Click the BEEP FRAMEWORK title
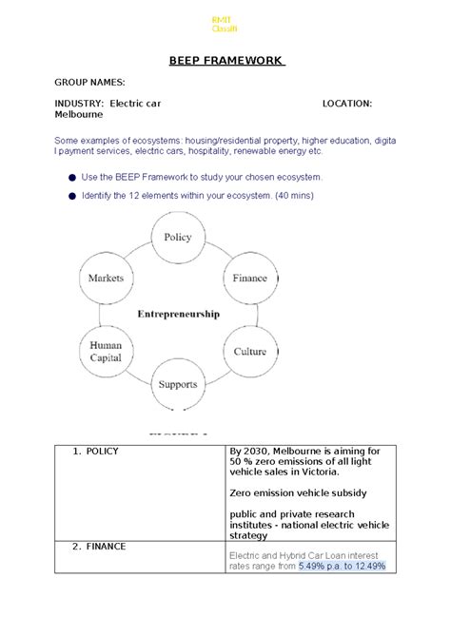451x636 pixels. pos(226,61)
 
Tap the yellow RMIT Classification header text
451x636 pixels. pos(225,25)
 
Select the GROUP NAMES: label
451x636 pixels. pos(88,84)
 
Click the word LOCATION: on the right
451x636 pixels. pos(347,103)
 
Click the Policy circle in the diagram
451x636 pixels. pos(177,238)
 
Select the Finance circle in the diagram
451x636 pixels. pos(249,279)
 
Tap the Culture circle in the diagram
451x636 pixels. pos(249,351)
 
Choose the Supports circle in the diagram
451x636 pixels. pos(178,385)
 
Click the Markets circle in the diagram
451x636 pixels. pos(106,279)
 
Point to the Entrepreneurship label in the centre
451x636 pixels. pos(178,313)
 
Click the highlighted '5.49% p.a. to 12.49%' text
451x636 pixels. pos(342,567)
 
